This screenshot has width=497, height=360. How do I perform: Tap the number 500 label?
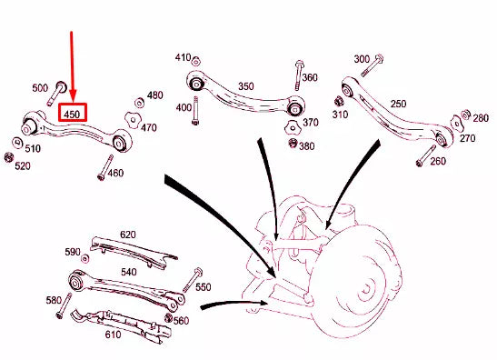(x=40, y=88)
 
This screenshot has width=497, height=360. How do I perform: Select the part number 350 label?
(x=245, y=86)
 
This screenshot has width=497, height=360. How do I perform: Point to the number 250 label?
(x=398, y=105)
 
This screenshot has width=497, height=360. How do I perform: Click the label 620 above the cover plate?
(x=127, y=235)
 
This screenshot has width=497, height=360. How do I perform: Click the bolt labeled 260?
(x=421, y=161)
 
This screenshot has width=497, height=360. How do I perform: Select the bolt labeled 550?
(x=194, y=277)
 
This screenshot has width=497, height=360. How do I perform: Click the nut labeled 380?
(x=293, y=144)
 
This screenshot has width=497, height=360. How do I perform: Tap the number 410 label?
(x=183, y=58)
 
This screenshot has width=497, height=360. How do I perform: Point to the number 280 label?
(x=481, y=119)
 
